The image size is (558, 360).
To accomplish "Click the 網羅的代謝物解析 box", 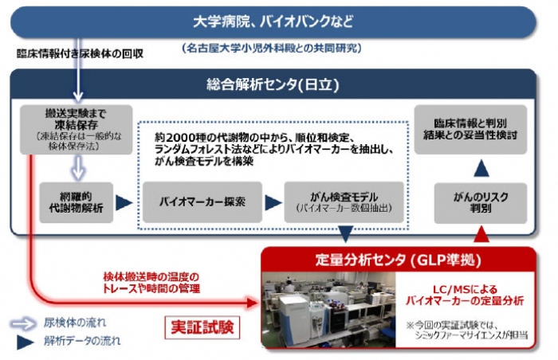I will pos(77,202).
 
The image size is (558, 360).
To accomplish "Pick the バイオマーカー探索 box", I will pos(202,202).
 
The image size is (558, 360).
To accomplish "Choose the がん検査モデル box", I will pos(342,202).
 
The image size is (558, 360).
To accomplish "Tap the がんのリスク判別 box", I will pos(481,202).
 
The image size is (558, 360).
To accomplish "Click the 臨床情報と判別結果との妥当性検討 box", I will pos(481,129).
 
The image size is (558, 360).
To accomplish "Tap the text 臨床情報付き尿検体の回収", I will pos(80,54).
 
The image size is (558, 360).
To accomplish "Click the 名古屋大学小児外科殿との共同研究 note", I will pos(272,48).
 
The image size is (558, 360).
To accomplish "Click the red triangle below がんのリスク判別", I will pos(481,233).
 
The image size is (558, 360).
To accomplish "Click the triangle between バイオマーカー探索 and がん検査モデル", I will pos(273,202).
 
